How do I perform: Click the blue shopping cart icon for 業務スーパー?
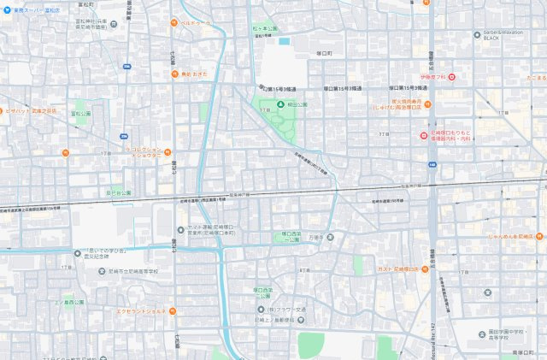(5, 10)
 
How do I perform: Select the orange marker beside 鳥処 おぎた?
(174, 74)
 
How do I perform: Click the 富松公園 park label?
(81, 113)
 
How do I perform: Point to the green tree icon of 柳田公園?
(279, 104)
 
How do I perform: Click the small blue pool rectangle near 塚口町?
(284, 40)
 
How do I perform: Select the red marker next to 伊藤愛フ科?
(453, 78)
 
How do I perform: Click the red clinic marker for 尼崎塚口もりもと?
(422, 135)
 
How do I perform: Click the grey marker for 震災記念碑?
(77, 254)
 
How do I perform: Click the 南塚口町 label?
(529, 351)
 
